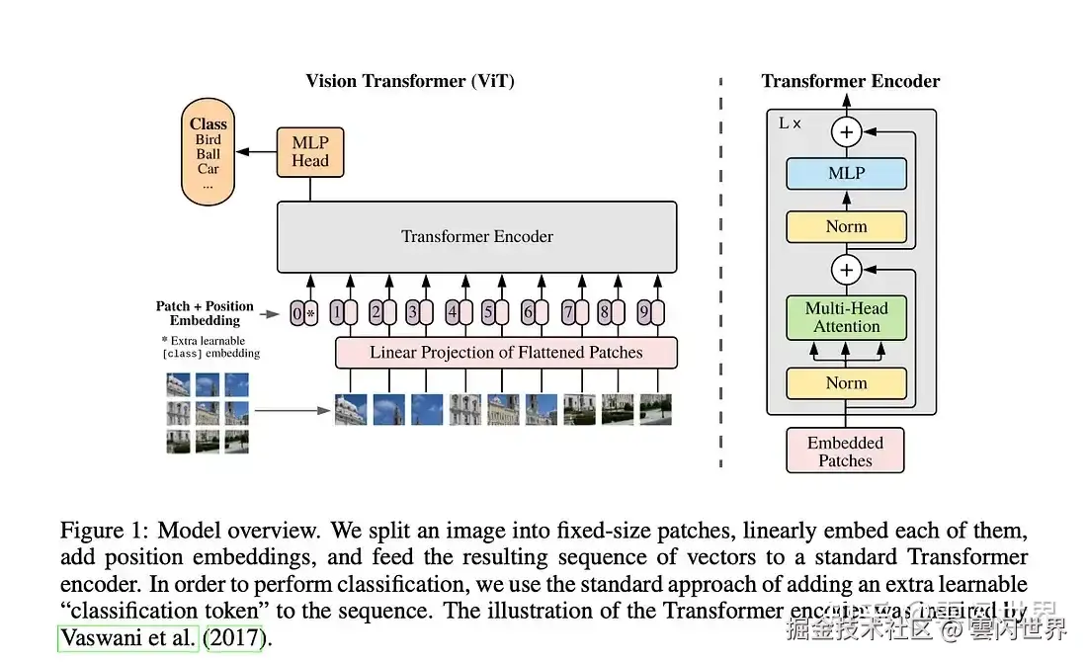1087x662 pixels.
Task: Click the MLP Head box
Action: point(310,152)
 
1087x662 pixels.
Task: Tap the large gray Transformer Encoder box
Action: point(477,237)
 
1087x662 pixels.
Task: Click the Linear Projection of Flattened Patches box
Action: point(506,353)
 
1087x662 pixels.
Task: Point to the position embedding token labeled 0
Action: point(296,314)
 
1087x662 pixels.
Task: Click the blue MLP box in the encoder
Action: point(846,174)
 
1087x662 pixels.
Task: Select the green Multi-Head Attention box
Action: point(846,317)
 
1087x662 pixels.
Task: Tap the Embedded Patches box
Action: point(845,451)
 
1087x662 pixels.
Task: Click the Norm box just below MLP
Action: point(846,226)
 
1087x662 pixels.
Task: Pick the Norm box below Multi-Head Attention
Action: point(846,382)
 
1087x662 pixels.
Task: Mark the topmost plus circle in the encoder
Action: point(846,130)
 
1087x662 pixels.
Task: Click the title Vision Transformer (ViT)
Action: point(410,81)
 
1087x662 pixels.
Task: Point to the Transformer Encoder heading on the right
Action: point(851,81)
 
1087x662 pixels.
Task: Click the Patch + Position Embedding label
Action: point(205,313)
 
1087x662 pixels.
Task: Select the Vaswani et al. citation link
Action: point(128,637)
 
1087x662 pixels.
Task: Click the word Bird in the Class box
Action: point(209,139)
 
